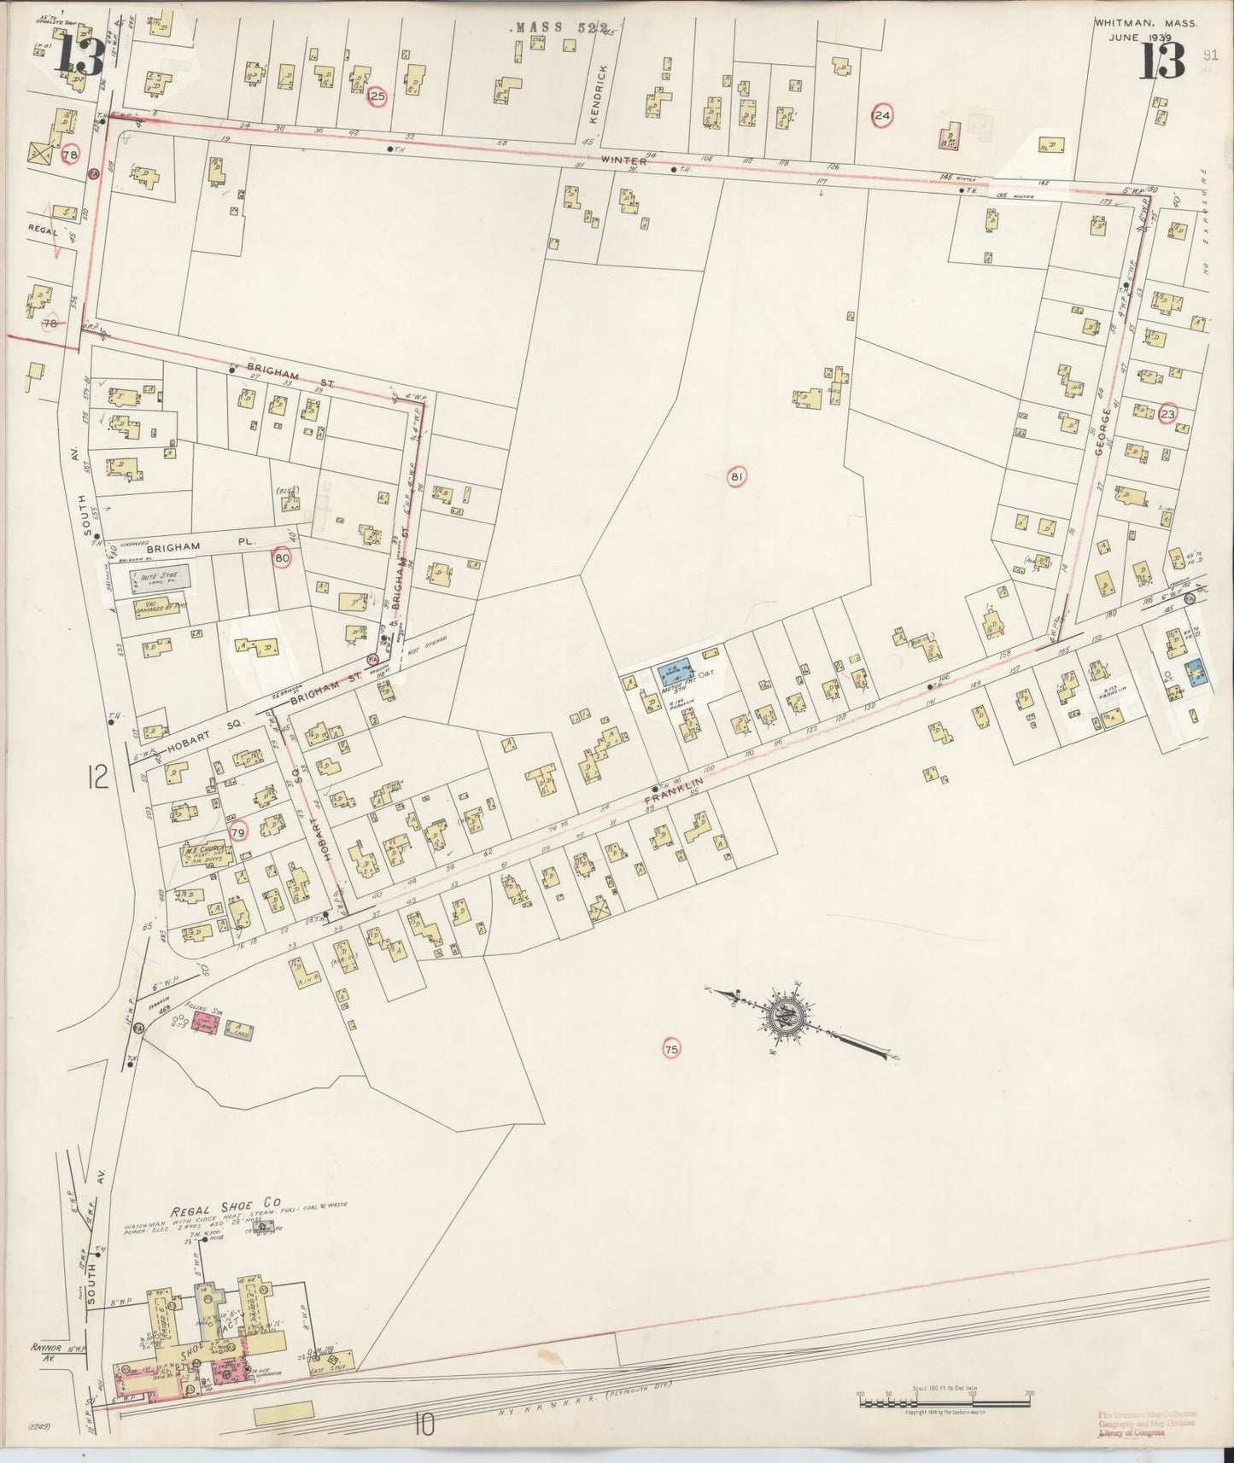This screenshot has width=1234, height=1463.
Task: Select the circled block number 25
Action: point(377,97)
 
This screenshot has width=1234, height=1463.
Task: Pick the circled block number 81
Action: point(735,477)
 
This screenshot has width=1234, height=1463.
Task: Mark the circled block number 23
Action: point(1168,414)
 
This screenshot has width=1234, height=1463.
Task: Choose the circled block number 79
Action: point(238,831)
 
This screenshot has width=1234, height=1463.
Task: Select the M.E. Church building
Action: point(202,854)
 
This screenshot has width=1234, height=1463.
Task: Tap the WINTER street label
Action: point(623,160)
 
